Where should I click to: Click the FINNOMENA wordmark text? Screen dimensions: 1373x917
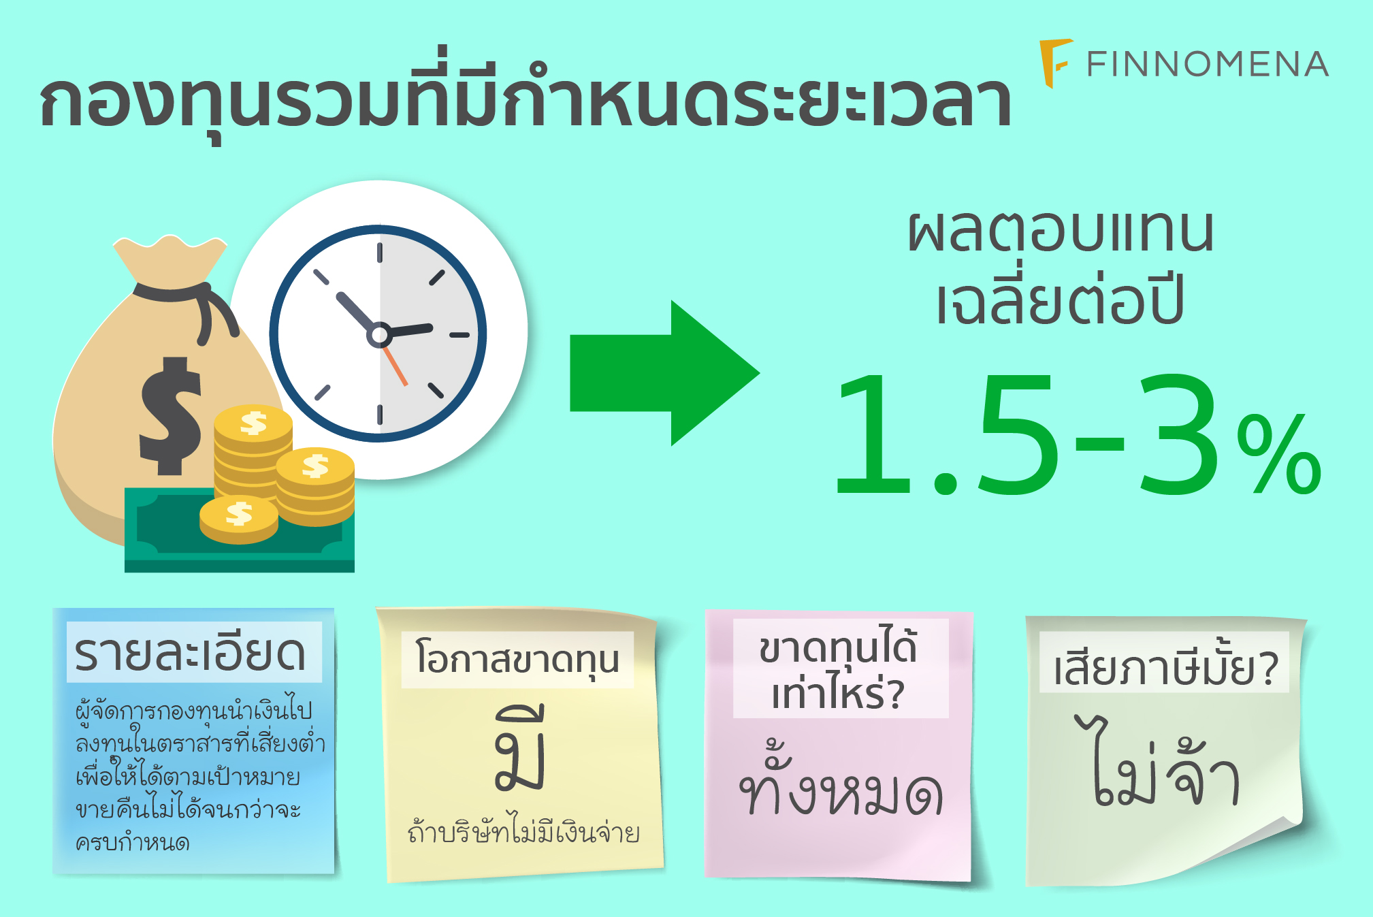pyautogui.click(x=1207, y=64)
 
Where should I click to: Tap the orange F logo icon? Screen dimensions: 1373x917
pyautogui.click(x=1056, y=63)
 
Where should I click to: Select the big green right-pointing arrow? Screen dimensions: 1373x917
pyautogui.click(x=664, y=373)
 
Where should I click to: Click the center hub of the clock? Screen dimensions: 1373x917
pyautogui.click(x=379, y=334)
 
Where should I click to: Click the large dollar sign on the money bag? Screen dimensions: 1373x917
pyautogui.click(x=170, y=415)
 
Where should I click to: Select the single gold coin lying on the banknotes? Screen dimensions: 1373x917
pyautogui.click(x=239, y=519)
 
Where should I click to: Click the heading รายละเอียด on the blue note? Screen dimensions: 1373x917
pyautogui.click(x=190, y=653)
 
